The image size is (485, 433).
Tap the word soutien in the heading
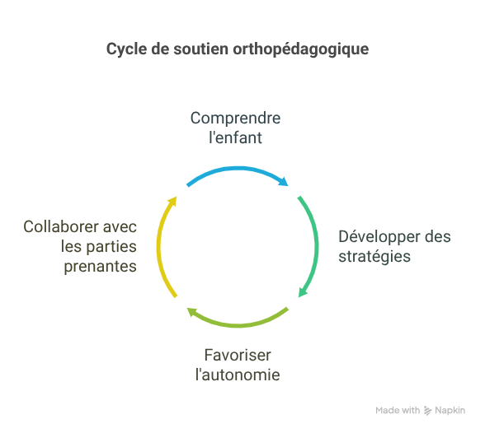tap(200, 49)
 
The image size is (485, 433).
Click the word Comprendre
tap(235, 119)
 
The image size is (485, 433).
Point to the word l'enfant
tap(235, 137)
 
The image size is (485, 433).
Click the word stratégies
tap(374, 257)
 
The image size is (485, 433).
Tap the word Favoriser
tap(238, 356)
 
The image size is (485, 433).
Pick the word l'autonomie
tap(238, 375)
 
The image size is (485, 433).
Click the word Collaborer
tap(61, 227)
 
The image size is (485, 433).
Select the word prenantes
tap(101, 267)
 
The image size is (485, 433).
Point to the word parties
tap(111, 247)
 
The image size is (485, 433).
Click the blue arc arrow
tap(238, 169)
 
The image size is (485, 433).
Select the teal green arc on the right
tap(316, 246)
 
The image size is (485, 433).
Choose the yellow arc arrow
tap(158, 247)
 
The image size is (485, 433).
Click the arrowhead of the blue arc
tap(284, 181)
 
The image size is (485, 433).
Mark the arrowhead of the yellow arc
tap(172, 201)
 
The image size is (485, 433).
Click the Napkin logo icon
tap(427, 411)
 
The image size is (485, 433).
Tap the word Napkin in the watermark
tap(450, 411)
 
